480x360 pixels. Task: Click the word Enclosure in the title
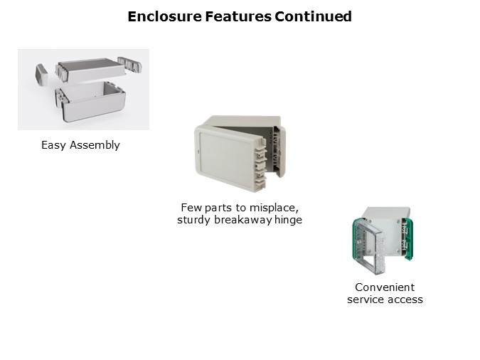[165, 16]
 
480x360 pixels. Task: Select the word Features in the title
[238, 16]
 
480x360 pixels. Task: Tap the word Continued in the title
[313, 16]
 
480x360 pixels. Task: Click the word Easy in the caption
[53, 145]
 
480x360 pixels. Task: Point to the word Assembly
[95, 145]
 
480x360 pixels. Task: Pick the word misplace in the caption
[274, 208]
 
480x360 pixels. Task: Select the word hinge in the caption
[288, 220]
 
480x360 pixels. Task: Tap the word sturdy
[194, 220]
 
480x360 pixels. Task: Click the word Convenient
[385, 287]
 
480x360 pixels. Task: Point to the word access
[403, 300]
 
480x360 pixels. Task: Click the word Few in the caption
[191, 208]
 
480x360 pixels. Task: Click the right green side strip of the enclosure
[408, 239]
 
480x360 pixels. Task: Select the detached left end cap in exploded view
[42, 74]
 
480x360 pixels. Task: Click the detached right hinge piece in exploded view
[130, 64]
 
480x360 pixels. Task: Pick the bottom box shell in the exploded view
[90, 101]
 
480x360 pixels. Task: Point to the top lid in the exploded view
[90, 70]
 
